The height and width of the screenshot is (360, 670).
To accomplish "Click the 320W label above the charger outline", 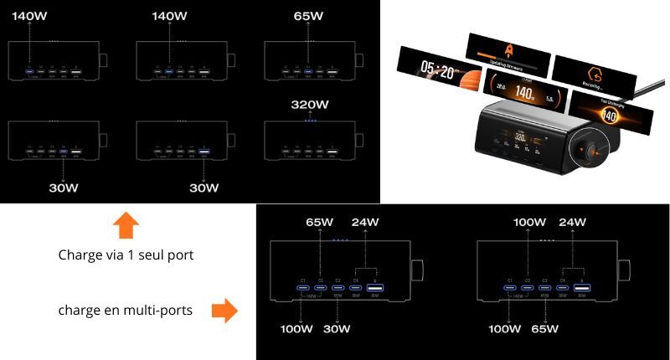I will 311,106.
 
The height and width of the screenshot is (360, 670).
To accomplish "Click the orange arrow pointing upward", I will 125,225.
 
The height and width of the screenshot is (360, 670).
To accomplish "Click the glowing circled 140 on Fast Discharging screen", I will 613,116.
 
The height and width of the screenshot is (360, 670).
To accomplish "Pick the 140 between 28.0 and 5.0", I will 524,95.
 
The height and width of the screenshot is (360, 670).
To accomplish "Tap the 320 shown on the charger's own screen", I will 519,136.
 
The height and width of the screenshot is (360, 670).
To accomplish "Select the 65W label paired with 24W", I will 320,224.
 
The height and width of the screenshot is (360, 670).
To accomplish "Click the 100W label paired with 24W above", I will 528,224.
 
